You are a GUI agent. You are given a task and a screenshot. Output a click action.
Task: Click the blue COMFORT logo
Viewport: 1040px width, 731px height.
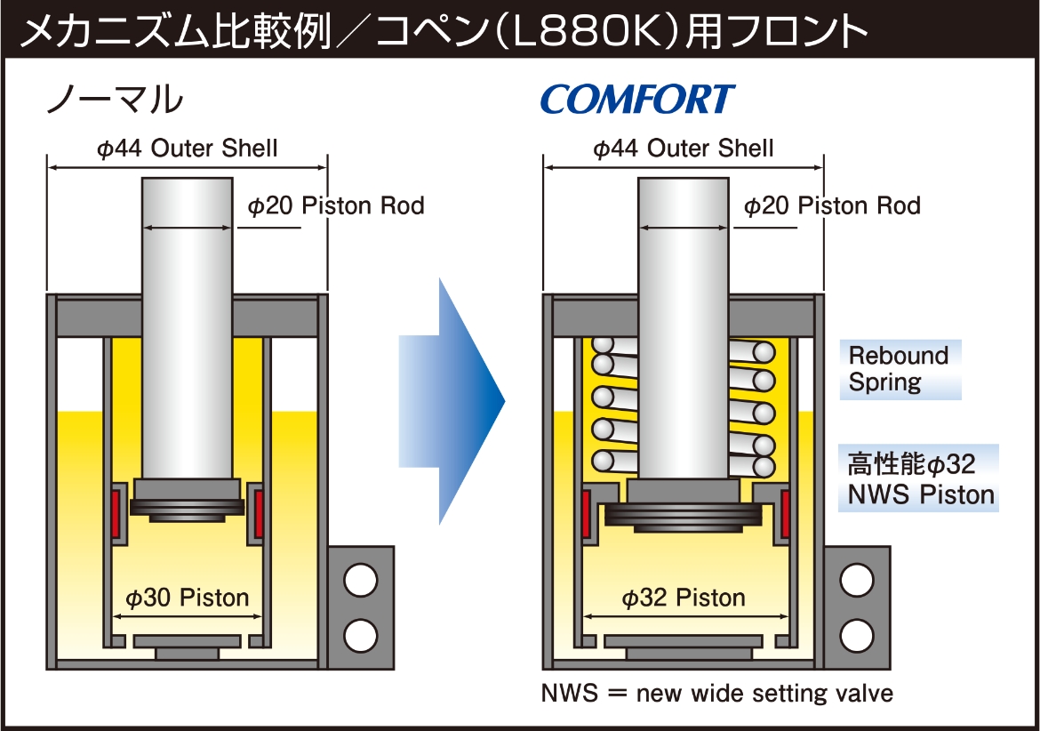[x=638, y=99]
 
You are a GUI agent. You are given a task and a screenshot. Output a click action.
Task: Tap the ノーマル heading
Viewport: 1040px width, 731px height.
[x=115, y=100]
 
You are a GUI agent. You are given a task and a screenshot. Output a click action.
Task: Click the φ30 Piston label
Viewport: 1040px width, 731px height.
[x=188, y=598]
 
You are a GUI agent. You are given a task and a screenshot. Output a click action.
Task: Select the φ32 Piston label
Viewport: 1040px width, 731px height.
[x=684, y=598]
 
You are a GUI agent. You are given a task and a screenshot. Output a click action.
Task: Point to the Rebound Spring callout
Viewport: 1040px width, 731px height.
[x=900, y=369]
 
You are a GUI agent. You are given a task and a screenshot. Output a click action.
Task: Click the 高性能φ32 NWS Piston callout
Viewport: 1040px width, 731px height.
[x=918, y=478]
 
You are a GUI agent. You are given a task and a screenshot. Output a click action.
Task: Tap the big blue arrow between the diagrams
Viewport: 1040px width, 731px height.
[x=452, y=401]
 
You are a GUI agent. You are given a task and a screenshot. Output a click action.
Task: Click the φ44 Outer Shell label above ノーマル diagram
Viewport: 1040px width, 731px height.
[x=188, y=148]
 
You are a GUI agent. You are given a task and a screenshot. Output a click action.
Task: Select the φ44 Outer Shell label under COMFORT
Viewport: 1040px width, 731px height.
[x=684, y=148]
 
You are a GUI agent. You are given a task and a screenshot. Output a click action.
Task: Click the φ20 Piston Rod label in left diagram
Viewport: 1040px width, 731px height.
[x=336, y=205]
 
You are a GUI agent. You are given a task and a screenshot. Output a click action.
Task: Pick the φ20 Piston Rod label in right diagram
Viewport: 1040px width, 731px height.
[x=832, y=205]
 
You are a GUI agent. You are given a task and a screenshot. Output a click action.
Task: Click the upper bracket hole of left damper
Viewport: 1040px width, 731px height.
[x=361, y=580]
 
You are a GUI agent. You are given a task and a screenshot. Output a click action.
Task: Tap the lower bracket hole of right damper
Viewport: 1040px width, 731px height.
[x=857, y=636]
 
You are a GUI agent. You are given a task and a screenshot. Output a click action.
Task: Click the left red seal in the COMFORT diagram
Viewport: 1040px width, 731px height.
[x=587, y=513]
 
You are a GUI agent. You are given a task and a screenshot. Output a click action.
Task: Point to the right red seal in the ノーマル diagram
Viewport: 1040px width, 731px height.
[x=259, y=512]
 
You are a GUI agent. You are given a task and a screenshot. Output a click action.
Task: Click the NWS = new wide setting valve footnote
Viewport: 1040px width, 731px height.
[x=717, y=693]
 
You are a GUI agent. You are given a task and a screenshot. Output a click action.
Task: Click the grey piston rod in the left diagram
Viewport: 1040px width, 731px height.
[x=187, y=328]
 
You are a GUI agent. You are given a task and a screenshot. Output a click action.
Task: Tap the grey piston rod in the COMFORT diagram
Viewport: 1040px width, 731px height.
[x=684, y=328]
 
